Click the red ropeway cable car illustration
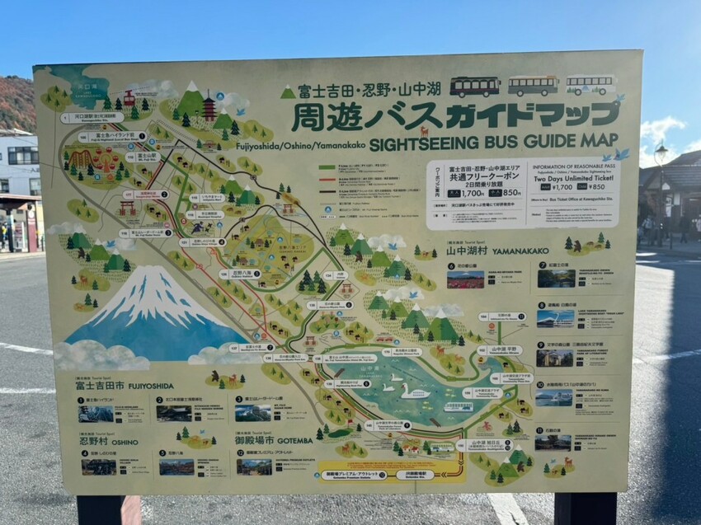tap(129, 99)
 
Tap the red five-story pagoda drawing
tap(209, 108)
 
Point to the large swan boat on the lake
tap(414, 391)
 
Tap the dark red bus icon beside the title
tap(474, 87)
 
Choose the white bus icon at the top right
tap(590, 85)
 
